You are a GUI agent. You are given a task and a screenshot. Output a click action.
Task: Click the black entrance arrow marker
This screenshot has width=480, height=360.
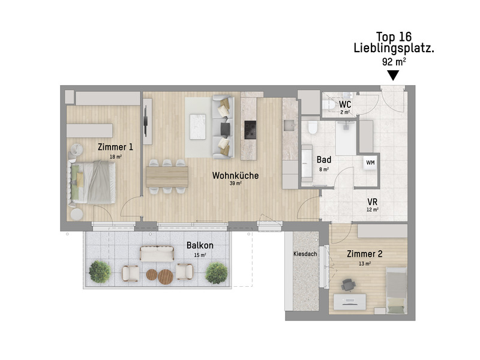tap(393, 76)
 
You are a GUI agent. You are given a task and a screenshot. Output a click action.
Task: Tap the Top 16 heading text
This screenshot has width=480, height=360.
tap(394, 36)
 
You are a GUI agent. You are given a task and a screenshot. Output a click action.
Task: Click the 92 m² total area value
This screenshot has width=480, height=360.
tap(393, 61)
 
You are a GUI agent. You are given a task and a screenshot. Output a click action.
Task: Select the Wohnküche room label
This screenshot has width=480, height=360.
tap(235, 176)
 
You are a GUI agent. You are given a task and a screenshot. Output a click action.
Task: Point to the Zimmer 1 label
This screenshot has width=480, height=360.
tap(115, 147)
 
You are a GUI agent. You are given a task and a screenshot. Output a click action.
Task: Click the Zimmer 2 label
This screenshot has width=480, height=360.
tap(364, 254)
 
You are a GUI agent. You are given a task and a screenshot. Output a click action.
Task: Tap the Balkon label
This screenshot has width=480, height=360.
tap(200, 245)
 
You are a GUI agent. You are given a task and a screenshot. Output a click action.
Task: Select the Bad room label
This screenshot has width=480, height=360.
tap(324, 160)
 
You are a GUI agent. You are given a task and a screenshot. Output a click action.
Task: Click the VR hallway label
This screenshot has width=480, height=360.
tap(372, 202)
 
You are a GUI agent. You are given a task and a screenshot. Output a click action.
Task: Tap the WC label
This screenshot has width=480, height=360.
tap(345, 104)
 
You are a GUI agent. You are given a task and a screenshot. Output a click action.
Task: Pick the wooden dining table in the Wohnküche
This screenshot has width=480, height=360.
tap(166, 176)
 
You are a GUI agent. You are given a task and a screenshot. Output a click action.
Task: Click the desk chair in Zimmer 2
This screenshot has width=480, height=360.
tap(347, 285)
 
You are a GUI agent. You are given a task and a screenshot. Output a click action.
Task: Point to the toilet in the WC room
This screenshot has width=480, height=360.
tap(328, 106)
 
